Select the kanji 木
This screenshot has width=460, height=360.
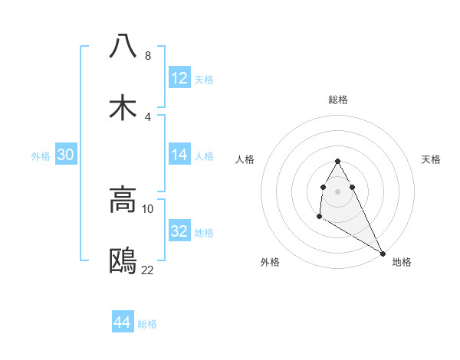point(123,108)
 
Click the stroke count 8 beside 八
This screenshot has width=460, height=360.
point(147,56)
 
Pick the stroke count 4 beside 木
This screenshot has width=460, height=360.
point(147,117)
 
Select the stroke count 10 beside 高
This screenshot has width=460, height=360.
point(148,209)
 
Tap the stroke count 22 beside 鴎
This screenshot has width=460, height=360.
point(148,270)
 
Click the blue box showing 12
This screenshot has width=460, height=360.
point(179,78)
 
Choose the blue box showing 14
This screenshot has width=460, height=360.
point(179,155)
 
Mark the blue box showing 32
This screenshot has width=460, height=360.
point(179,231)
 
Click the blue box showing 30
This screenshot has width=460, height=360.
point(65,155)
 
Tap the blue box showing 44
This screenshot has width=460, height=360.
point(123,322)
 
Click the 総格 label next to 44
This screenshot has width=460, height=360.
point(147,324)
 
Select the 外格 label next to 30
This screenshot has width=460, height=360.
point(41,156)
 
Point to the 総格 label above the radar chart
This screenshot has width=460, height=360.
point(338,100)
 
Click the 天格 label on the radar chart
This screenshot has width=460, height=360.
point(431,159)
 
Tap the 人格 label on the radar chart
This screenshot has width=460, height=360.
point(245,159)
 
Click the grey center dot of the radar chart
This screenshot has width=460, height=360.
point(337,191)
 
